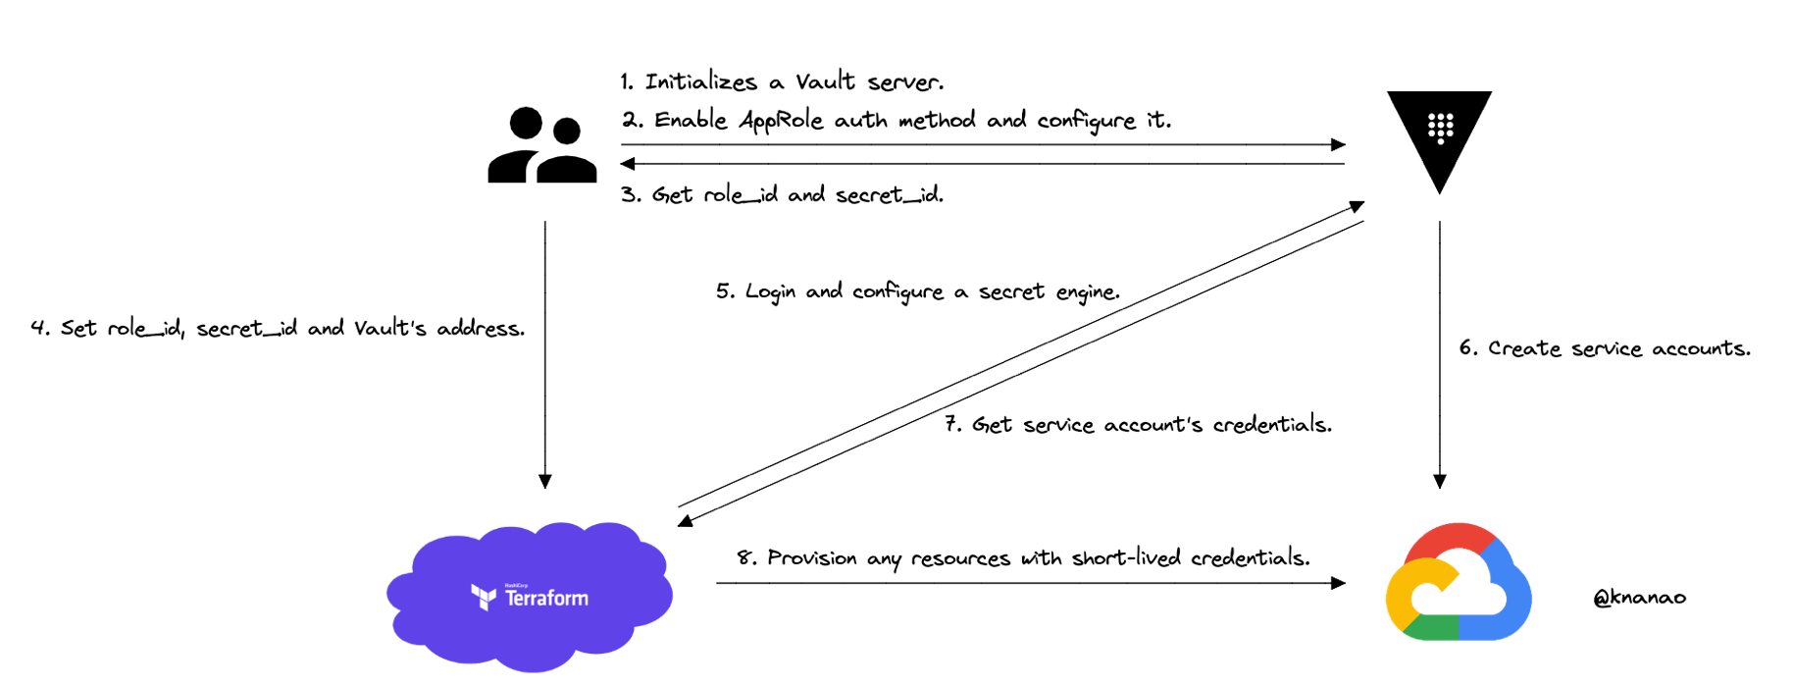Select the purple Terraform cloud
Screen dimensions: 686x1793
530,596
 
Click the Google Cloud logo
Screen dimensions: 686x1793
1458,583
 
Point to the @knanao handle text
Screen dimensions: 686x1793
1639,597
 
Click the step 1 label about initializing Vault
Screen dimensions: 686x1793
782,81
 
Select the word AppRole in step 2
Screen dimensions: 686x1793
782,121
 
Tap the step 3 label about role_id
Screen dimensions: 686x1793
782,194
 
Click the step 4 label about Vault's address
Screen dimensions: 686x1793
278,328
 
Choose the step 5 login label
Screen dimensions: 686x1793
917,291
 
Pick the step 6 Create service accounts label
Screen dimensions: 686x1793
1604,348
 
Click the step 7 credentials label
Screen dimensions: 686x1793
1138,424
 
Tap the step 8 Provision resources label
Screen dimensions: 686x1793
1023,558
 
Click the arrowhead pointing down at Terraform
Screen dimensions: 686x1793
545,482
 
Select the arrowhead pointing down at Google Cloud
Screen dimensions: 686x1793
1440,482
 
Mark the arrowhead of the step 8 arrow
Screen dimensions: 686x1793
1339,583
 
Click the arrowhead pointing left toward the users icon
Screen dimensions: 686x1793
628,163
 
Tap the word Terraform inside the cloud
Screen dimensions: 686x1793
546,598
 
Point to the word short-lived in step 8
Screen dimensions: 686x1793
1126,558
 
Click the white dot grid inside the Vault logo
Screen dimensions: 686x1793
1440,128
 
